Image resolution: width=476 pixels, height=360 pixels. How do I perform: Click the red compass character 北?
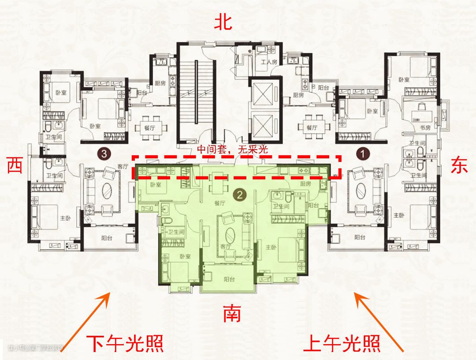[x=223, y=22]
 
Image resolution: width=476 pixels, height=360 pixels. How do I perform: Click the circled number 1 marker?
[x=362, y=154]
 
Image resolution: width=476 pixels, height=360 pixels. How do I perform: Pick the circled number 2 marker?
[x=238, y=193]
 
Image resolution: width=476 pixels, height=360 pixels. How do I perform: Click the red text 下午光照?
[x=125, y=343]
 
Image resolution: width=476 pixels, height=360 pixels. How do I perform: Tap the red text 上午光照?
[x=342, y=343]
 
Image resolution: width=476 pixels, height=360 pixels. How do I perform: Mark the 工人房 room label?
[x=268, y=62]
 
